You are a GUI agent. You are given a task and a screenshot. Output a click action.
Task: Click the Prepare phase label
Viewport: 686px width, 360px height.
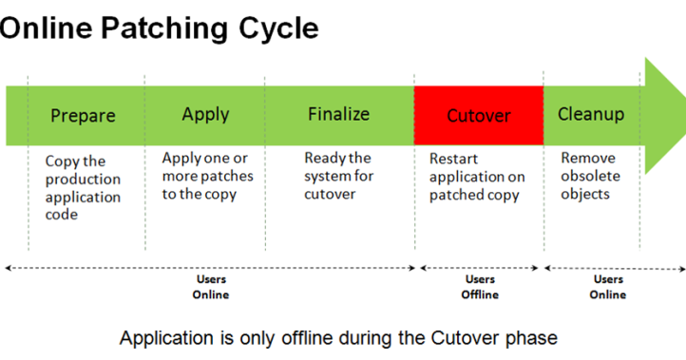[x=83, y=116]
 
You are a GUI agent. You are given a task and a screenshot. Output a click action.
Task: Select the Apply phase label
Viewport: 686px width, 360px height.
[x=205, y=114]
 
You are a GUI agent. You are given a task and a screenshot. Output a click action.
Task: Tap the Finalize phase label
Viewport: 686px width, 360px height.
[x=338, y=114]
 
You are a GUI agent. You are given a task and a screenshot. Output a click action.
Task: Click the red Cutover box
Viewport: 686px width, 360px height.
[x=478, y=116]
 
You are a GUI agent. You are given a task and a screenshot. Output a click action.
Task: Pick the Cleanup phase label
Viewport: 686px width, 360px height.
[x=591, y=114]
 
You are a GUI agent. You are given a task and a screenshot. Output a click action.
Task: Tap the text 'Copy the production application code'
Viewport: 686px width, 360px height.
[x=83, y=188]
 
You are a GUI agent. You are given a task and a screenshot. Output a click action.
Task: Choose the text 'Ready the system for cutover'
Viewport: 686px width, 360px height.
[x=338, y=176]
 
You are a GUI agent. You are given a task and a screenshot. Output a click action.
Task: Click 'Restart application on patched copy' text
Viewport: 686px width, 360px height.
[x=476, y=177]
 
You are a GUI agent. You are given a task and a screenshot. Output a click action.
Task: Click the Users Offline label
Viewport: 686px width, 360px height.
[x=480, y=287]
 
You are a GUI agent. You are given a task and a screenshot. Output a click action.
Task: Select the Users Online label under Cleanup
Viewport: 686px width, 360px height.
[x=608, y=287]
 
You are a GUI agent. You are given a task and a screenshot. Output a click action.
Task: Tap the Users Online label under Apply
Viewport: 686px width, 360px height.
[x=211, y=287]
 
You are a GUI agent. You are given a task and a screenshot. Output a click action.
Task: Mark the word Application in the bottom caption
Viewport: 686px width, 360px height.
[x=162, y=337]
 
